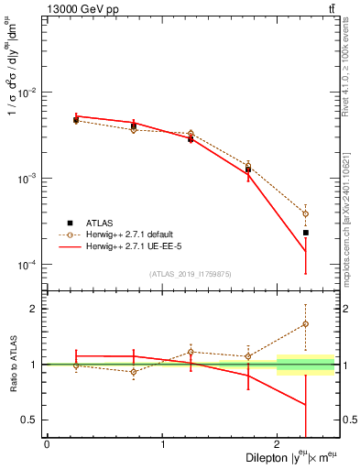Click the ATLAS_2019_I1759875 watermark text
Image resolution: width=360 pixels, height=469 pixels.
[x=190, y=274]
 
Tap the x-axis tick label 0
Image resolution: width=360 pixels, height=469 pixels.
[x=47, y=444]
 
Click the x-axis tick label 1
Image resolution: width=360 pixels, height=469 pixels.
[x=163, y=444]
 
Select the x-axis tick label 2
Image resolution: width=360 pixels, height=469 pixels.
[x=279, y=444]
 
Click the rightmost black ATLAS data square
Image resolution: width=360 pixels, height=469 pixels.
[x=306, y=233]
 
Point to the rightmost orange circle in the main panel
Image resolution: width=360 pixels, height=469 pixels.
[x=306, y=213]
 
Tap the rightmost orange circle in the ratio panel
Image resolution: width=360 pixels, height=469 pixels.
[x=306, y=324]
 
